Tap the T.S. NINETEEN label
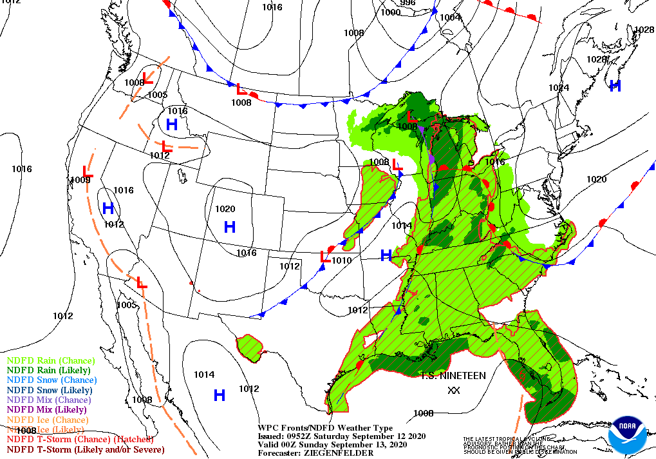pyautogui.click(x=454, y=375)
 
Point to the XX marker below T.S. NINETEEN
pyautogui.click(x=454, y=390)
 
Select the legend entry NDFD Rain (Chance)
pyautogui.click(x=51, y=360)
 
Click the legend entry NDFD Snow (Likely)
pyautogui.click(x=50, y=390)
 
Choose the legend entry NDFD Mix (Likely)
pyautogui.click(x=46, y=409)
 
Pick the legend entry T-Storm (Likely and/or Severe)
pyautogui.click(x=86, y=449)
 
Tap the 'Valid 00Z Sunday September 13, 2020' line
pyautogui.click(x=332, y=444)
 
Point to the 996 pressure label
pyautogui.click(x=408, y=3)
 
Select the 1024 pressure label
pyautogui.click(x=559, y=88)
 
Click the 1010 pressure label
pyautogui.click(x=342, y=260)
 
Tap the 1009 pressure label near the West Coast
pyautogui.click(x=80, y=181)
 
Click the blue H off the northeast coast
pyautogui.click(x=615, y=85)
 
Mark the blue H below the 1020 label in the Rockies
pyautogui.click(x=230, y=226)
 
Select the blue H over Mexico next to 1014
pyautogui.click(x=220, y=395)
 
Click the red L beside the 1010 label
pyautogui.click(x=326, y=257)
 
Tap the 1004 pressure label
pyautogui.click(x=451, y=17)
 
